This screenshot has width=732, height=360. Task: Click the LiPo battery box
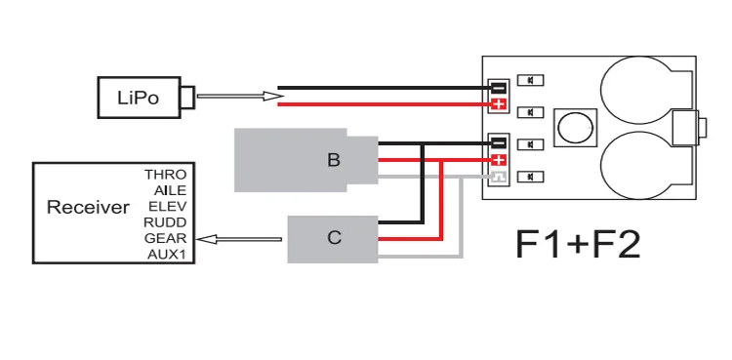click(x=140, y=98)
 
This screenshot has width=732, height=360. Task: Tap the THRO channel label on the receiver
click(x=165, y=175)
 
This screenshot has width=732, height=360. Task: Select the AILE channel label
click(x=170, y=190)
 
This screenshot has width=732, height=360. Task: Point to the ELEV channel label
click(x=168, y=207)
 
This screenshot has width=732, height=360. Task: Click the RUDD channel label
click(x=165, y=222)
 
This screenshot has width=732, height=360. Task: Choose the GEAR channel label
click(x=166, y=238)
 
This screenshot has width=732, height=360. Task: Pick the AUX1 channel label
click(x=167, y=255)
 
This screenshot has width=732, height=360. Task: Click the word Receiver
click(x=88, y=207)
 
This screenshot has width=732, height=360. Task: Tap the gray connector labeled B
click(x=305, y=160)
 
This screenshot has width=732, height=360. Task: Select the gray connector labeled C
click(x=333, y=239)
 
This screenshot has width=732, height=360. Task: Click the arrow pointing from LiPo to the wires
click(x=240, y=97)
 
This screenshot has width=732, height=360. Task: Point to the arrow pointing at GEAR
click(x=239, y=239)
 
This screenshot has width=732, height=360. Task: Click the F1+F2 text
click(x=578, y=244)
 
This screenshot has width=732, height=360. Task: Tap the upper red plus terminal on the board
click(x=499, y=104)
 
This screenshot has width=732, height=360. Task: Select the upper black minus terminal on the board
click(x=499, y=87)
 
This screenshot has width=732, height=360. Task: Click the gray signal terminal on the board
click(x=499, y=178)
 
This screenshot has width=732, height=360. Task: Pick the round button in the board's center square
click(x=575, y=127)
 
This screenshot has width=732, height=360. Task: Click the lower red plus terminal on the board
click(x=499, y=161)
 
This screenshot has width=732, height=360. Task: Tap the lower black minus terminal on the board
click(x=499, y=142)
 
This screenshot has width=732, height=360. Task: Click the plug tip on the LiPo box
click(x=187, y=98)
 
